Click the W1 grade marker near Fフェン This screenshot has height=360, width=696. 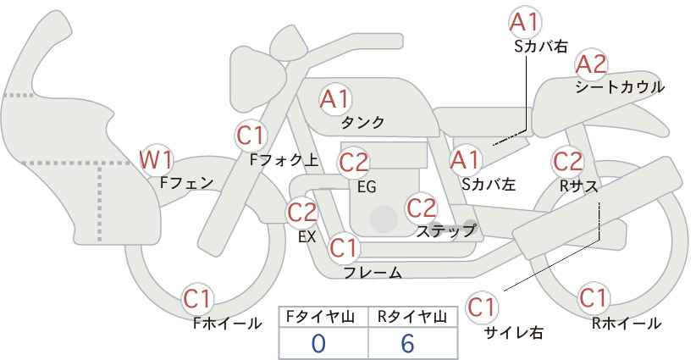[156, 160]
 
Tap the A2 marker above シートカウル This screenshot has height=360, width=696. [591, 65]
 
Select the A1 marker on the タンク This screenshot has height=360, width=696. [335, 99]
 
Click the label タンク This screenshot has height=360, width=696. [362, 122]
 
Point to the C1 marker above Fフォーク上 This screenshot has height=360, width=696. [251, 136]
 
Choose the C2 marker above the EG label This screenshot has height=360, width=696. [354, 163]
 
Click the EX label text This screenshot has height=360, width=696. [307, 237]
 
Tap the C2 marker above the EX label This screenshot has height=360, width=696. [302, 212]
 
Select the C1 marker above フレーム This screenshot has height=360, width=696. [344, 247]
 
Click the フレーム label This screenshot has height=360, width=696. [373, 273]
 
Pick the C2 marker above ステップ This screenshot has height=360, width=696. [422, 208]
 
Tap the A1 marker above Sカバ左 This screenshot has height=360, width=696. [465, 160]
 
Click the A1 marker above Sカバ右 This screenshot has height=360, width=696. [525, 22]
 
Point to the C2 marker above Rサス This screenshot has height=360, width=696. [567, 162]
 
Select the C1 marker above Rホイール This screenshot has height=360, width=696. [593, 298]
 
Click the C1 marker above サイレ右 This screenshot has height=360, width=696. [482, 307]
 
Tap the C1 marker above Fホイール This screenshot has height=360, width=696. [197, 299]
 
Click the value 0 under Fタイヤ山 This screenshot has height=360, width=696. [318, 344]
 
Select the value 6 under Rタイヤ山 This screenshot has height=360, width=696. [407, 344]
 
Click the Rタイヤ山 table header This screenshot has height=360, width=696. [412, 317]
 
